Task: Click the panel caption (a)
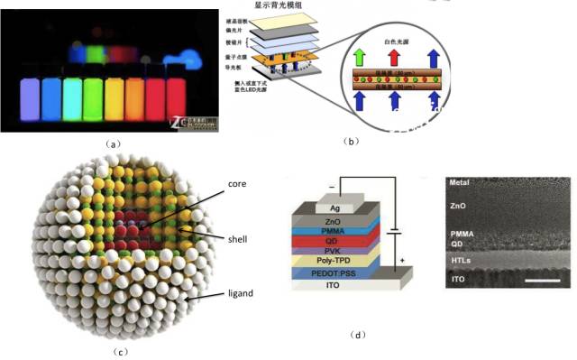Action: point(113,143)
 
